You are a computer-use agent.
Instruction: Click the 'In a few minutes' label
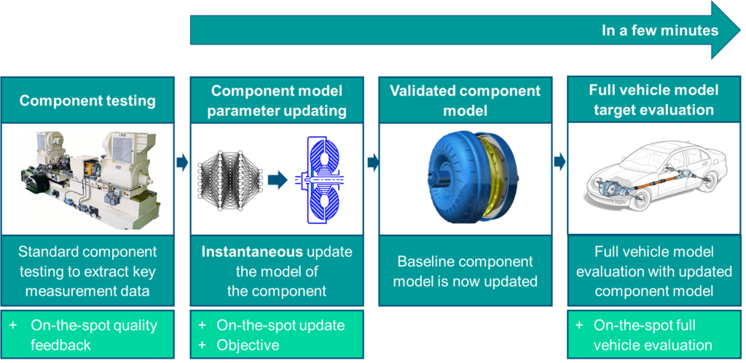pos(659,31)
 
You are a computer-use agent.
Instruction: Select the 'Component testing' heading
pos(87,101)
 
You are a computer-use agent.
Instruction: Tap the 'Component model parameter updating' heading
pos(276,101)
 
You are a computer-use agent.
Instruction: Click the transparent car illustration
pos(653,175)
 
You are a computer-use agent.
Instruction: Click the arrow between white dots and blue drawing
pos(278,179)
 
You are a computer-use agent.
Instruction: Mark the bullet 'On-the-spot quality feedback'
pos(93,335)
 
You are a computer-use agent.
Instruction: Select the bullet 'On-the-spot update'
pos(280,325)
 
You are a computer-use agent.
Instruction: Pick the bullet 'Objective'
pos(248,345)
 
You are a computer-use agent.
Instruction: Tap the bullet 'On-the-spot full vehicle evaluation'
pos(653,335)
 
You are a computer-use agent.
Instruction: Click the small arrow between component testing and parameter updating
pos(181,162)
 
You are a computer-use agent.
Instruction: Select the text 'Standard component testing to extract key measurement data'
pos(87,271)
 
